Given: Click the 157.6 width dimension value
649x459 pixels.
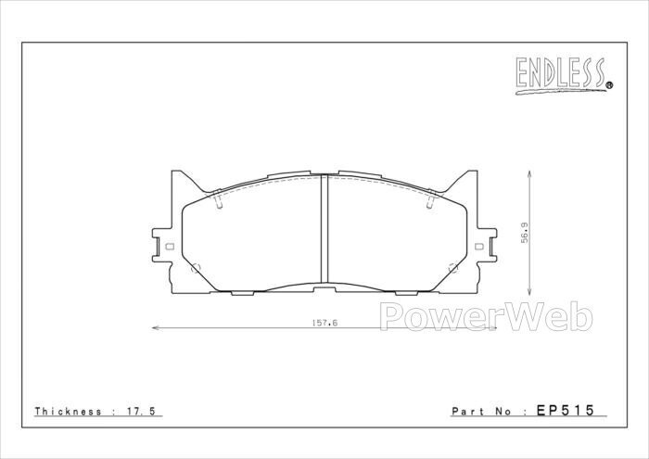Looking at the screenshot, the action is click(x=324, y=323).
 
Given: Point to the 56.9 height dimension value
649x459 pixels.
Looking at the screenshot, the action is click(x=525, y=233).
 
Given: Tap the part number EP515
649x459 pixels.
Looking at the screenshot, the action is click(x=565, y=410).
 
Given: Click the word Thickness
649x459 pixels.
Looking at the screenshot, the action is click(x=68, y=412).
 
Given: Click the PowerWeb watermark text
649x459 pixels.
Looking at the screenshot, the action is click(x=486, y=316).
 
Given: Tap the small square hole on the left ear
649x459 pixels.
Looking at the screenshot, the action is click(x=169, y=247).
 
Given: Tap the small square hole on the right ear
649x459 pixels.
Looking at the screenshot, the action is click(x=479, y=247).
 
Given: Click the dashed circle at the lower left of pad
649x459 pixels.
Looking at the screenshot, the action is click(x=196, y=268).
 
